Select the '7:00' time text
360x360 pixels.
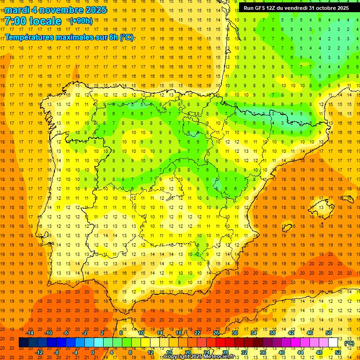click(15, 21)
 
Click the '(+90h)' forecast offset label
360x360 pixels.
click(81, 21)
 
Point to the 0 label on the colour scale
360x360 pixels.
click(93, 352)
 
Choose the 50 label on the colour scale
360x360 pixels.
click(329, 333)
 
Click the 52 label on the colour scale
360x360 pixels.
click(338, 352)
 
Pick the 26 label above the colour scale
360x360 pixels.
click(216, 333)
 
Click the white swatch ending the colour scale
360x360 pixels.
click(333, 343)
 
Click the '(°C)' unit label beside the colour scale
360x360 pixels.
click(349, 343)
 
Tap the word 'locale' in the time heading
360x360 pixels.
click(45, 21)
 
